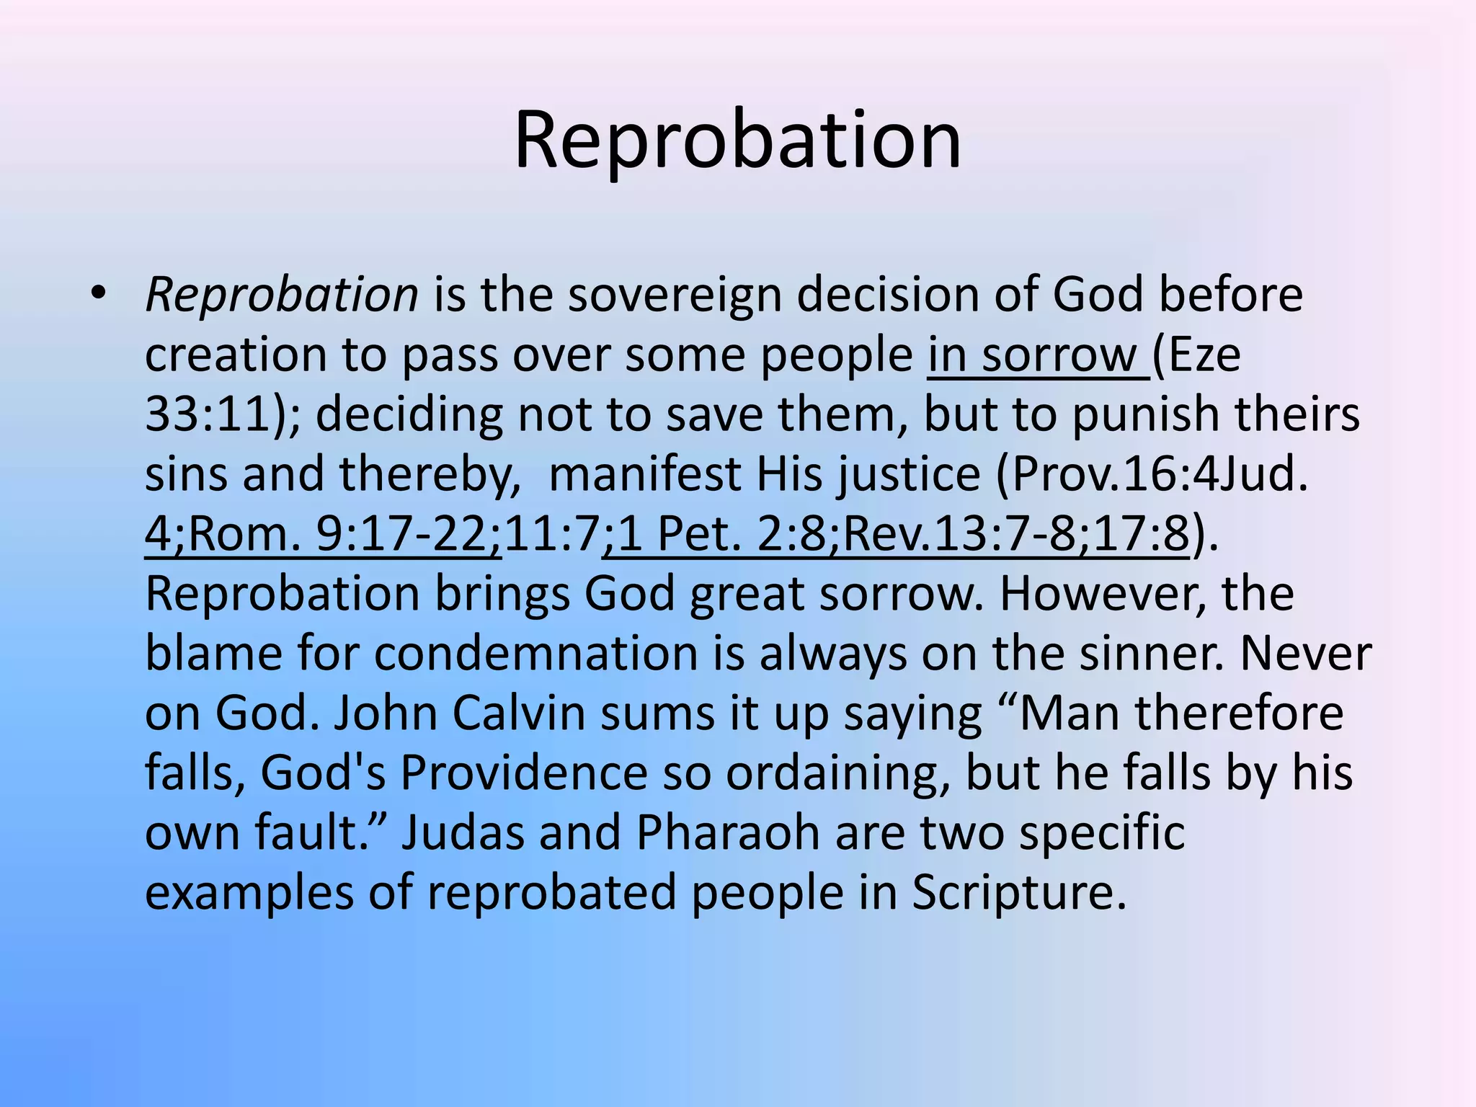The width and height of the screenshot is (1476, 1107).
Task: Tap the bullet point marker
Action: [x=98, y=293]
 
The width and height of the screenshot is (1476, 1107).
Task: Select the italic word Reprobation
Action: [x=282, y=295]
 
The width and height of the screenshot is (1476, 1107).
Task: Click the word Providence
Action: [x=524, y=774]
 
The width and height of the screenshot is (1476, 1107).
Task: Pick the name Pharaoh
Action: [x=728, y=834]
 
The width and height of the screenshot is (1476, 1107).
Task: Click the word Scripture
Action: [x=1018, y=894]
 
